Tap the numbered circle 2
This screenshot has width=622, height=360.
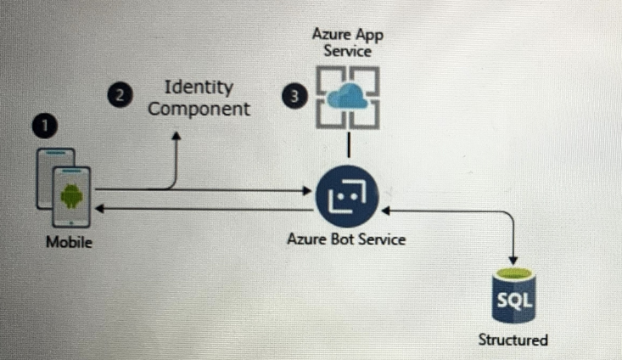(120, 96)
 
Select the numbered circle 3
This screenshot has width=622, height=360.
(294, 96)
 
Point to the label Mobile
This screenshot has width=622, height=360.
(69, 243)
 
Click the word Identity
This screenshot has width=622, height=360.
(199, 87)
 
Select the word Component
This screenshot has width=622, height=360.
(199, 109)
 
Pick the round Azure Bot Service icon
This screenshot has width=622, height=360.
(347, 197)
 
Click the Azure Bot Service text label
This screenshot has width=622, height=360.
(346, 239)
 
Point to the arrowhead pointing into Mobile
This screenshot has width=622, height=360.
(99, 208)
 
